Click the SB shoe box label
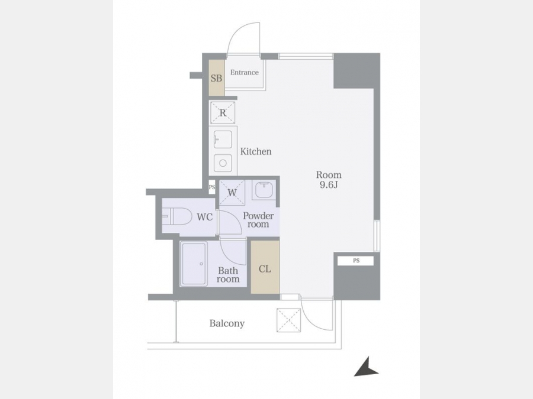pyautogui.click(x=216, y=79)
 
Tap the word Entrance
pyautogui.click(x=245, y=72)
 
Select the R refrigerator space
pyautogui.click(x=223, y=113)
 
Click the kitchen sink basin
pyautogui.click(x=223, y=139)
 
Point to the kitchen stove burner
pyautogui.click(x=223, y=163)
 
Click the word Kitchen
pyautogui.click(x=256, y=151)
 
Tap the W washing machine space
pyautogui.click(x=232, y=192)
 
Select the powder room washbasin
pyautogui.click(x=264, y=190)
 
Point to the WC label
pyautogui.click(x=205, y=217)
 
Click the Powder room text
pyautogui.click(x=258, y=220)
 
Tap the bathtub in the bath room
pyautogui.click(x=194, y=264)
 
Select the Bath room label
pyautogui.click(x=229, y=275)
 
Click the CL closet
pyautogui.click(x=265, y=267)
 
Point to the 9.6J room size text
pyautogui.click(x=328, y=185)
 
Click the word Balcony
pyautogui.click(x=227, y=323)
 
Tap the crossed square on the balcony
pyautogui.click(x=288, y=320)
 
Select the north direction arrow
pyautogui.click(x=366, y=367)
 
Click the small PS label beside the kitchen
pyautogui.click(x=212, y=187)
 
